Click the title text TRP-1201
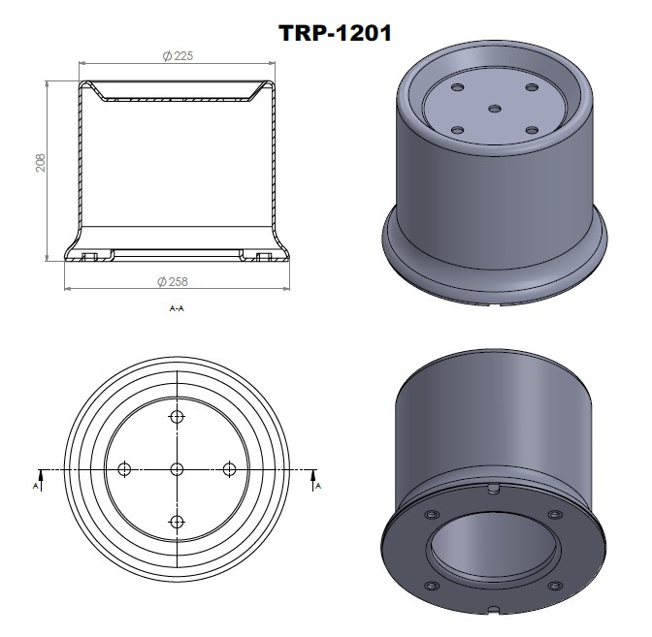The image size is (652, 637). tap(335, 32)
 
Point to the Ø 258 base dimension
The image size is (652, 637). tap(172, 281)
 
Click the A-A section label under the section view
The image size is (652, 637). tap(177, 308)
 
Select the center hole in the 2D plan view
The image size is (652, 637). tap(177, 469)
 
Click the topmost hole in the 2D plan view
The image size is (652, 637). tap(177, 417)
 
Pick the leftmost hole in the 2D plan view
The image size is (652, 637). tap(124, 469)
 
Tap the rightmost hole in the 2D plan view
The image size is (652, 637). tap(230, 469)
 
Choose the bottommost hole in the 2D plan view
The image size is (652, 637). tap(177, 522)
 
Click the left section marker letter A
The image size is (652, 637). tap(37, 484)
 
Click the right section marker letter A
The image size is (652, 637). tap(317, 484)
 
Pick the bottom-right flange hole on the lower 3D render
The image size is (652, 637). tap(558, 586)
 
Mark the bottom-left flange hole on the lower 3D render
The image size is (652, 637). tap(429, 586)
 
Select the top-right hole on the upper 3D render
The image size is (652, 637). tap(532, 88)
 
